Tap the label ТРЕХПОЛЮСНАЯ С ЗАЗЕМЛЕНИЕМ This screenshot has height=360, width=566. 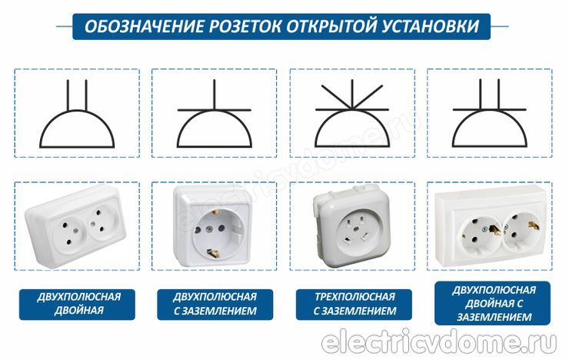pyautogui.click(x=354, y=304)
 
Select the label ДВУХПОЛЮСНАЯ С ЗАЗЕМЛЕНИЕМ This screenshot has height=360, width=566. pyautogui.click(x=215, y=304)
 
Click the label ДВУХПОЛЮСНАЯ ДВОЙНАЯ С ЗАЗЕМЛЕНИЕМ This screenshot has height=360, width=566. pyautogui.click(x=493, y=303)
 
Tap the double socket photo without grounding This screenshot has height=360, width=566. pyautogui.click(x=77, y=226)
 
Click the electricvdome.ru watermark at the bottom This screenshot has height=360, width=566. pyautogui.click(x=438, y=342)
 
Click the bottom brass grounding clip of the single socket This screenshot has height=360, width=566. pyautogui.click(x=212, y=253)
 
